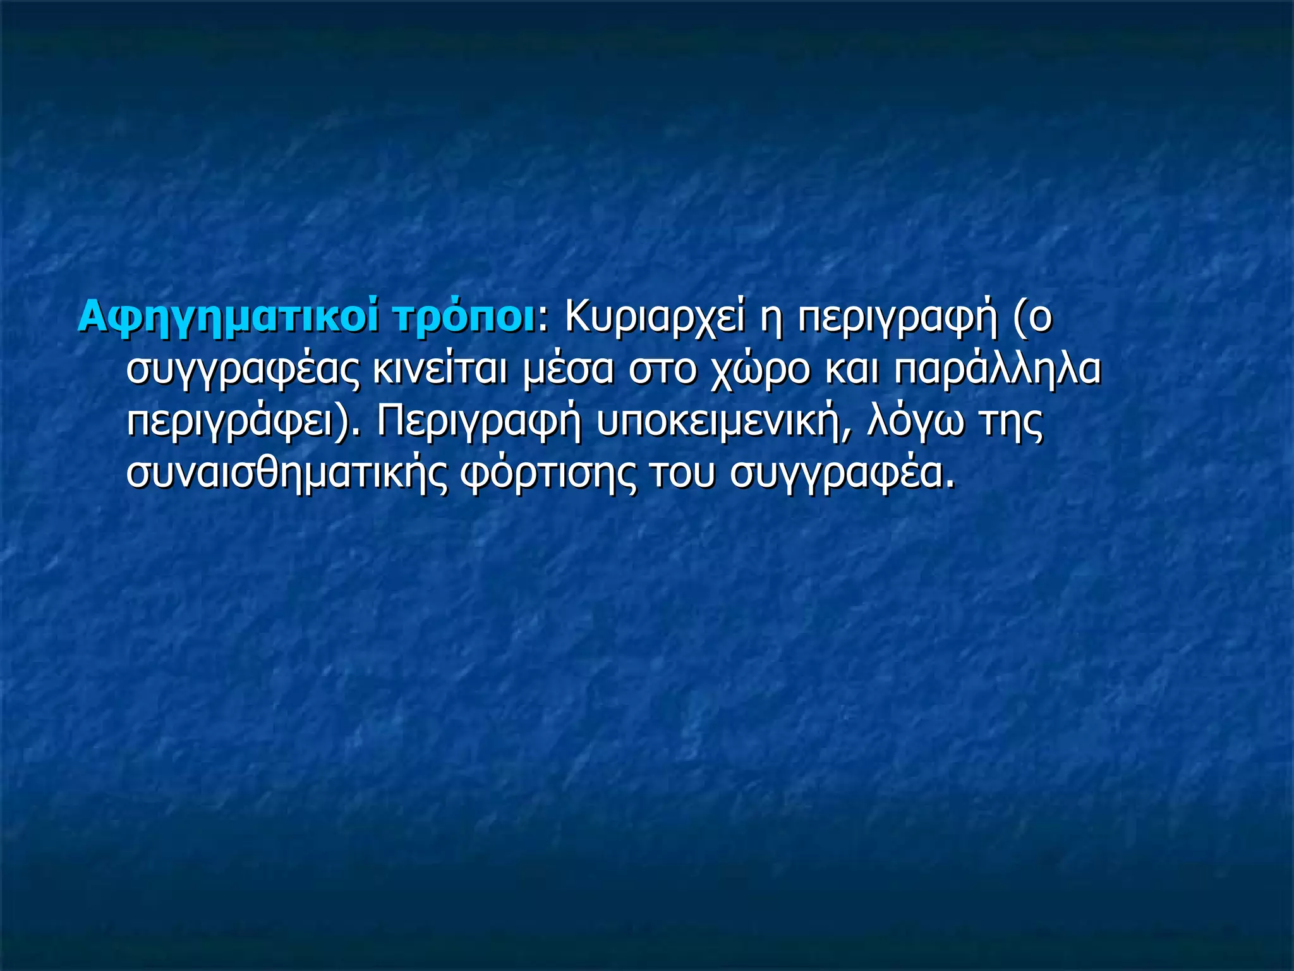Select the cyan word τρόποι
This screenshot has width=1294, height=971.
(x=463, y=318)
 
